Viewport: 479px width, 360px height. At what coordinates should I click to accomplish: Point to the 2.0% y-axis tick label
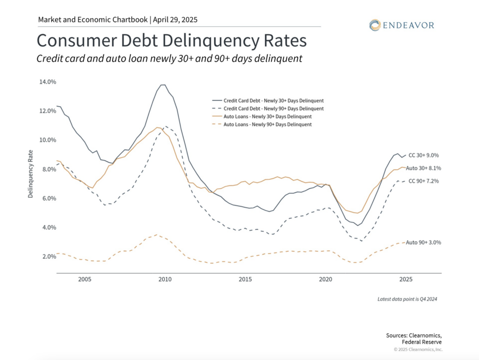[x=48, y=257]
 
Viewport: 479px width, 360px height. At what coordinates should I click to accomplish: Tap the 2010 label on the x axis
[x=165, y=279]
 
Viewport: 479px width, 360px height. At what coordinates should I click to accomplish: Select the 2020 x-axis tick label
[x=325, y=279]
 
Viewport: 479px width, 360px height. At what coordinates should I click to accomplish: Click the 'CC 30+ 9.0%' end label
[x=424, y=155]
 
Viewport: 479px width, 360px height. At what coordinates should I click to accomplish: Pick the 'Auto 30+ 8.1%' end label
[x=423, y=168]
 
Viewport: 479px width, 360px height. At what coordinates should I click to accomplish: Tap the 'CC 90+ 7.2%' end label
[x=424, y=181]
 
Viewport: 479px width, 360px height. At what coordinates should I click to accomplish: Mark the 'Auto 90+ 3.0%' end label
[x=423, y=242]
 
